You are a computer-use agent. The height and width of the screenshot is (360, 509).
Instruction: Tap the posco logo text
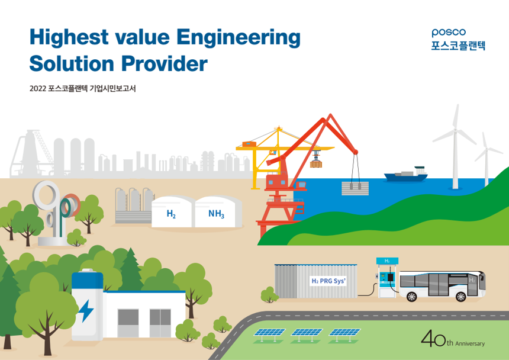coord(449,33)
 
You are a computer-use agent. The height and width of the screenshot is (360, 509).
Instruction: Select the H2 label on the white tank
coord(171,214)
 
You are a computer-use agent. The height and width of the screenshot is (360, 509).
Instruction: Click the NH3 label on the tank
coord(216,214)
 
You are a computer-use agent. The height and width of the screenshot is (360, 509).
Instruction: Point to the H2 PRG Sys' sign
coord(328,281)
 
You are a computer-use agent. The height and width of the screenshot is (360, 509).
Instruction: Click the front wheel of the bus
coord(460,297)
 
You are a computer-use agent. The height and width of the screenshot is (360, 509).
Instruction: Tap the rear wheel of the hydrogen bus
coord(411,297)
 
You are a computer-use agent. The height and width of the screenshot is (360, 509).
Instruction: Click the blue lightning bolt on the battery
coord(86,311)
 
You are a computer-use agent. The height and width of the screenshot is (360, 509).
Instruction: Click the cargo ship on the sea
coord(406,175)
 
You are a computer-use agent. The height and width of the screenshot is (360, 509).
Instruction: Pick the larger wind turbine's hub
coord(456,130)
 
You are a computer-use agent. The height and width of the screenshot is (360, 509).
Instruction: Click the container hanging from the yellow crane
coord(316,163)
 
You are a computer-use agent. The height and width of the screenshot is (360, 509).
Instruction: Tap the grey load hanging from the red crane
coord(355,188)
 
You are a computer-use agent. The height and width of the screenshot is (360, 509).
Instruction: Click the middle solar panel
coord(307,332)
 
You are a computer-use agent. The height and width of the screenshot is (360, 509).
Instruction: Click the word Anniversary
coord(470,343)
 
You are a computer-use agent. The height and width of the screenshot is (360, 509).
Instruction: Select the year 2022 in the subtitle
coord(38,89)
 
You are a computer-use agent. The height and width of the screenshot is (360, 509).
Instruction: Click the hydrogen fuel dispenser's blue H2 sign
coord(387,261)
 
